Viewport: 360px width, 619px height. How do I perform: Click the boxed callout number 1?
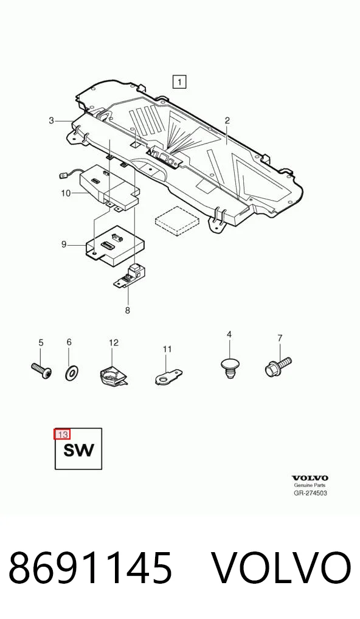179,81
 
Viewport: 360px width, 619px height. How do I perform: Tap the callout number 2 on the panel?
227,121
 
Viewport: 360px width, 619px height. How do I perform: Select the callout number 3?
51,120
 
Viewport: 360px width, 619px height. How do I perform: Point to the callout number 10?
66,193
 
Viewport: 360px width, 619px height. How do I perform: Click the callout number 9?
64,244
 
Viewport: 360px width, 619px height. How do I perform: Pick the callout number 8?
128,310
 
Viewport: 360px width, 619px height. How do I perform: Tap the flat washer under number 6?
71,372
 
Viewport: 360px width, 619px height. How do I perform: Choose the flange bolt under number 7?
278,366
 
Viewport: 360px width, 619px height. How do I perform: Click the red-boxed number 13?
63,435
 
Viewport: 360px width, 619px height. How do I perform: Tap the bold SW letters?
79,450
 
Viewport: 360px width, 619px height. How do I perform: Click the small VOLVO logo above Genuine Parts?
310,479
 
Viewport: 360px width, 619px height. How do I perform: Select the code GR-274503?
310,493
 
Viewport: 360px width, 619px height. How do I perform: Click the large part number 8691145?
91,568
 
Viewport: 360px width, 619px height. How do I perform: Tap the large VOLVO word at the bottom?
282,568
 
